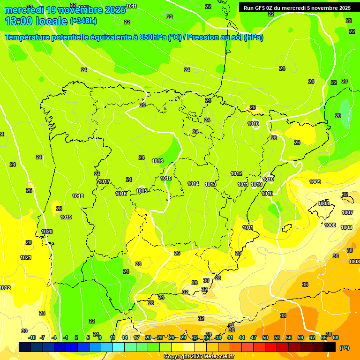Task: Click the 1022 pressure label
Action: point(5,288)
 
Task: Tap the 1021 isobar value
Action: point(26,257)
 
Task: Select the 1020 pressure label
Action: point(47,232)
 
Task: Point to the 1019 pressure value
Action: point(66,217)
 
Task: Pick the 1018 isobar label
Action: point(78,196)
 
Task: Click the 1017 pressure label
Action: point(104,181)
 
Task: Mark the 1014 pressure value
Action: point(193,184)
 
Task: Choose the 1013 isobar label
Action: point(210,184)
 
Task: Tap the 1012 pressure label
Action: point(236,173)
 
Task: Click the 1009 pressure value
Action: point(315,182)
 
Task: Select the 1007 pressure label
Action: point(347,212)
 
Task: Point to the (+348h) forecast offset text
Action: point(83,21)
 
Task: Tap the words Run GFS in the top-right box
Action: point(255,8)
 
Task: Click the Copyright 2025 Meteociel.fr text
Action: point(199,357)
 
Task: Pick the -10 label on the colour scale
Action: point(32,337)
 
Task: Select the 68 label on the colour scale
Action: point(336,337)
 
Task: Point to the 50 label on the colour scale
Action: point(265,337)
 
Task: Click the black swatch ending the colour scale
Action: point(330,346)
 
